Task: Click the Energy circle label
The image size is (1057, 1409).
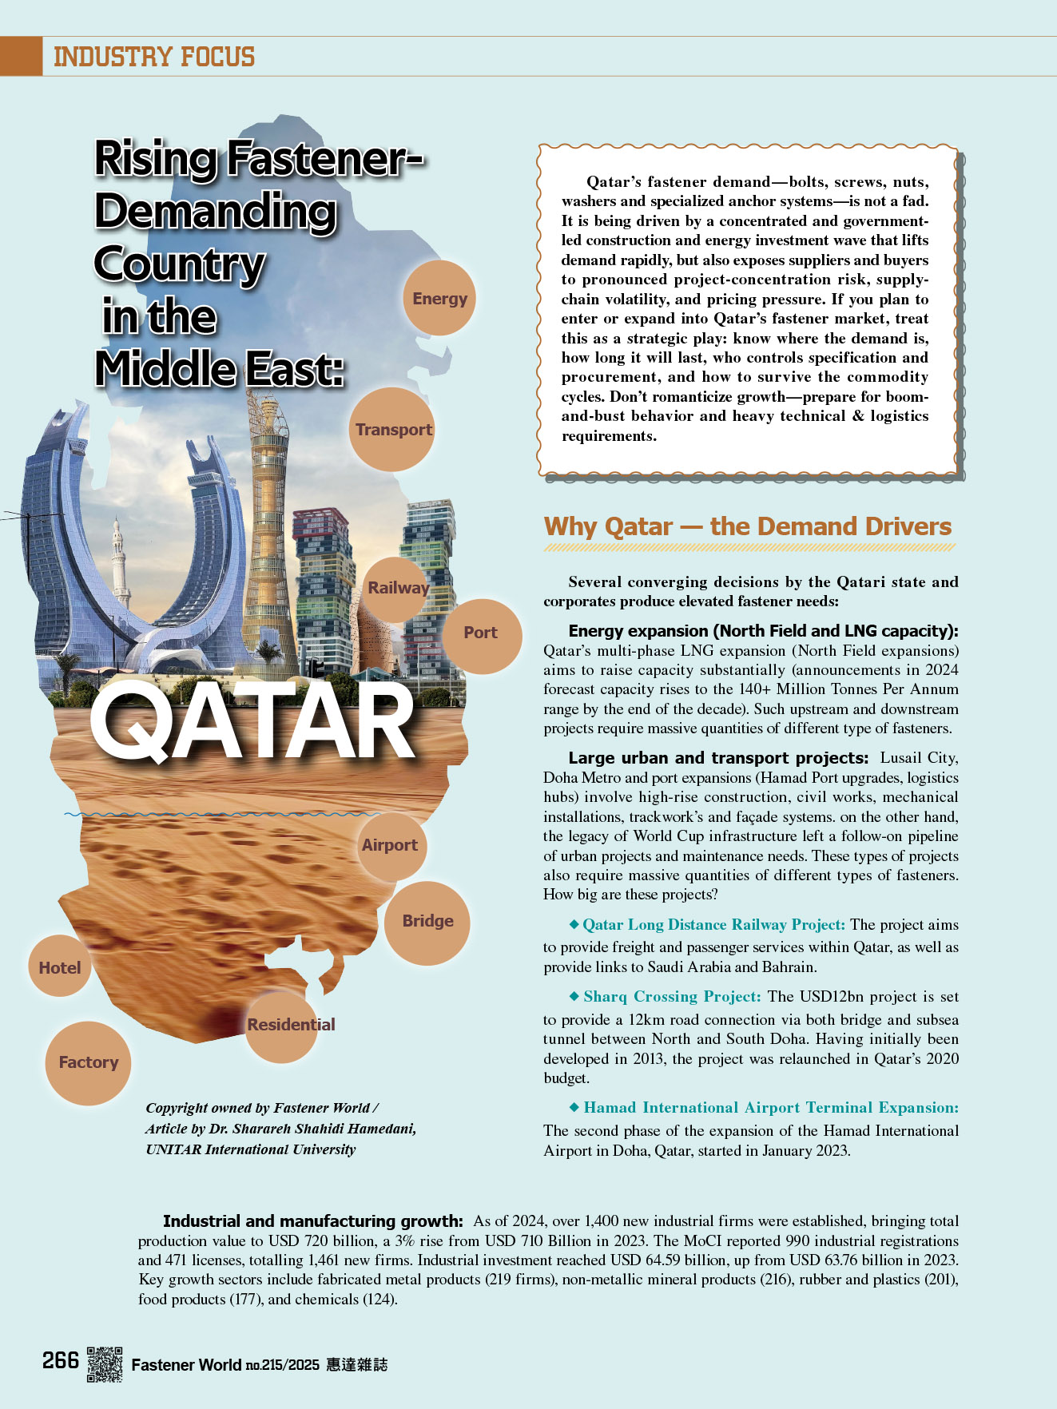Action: click(439, 299)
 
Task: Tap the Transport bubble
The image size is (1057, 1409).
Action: click(393, 430)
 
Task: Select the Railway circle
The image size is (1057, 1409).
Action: click(397, 588)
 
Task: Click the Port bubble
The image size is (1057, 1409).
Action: click(481, 633)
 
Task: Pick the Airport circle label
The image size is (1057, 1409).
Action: click(390, 845)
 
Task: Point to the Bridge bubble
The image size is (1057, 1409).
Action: click(427, 921)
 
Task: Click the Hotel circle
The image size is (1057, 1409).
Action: click(60, 967)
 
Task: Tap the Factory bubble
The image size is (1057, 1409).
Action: click(88, 1062)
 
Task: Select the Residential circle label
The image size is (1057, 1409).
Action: click(290, 1025)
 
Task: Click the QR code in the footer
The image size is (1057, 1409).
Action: click(105, 1363)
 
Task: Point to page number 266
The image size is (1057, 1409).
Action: click(61, 1360)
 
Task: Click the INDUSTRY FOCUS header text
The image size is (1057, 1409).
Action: click(154, 58)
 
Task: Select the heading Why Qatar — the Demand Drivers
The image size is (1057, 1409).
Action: click(747, 527)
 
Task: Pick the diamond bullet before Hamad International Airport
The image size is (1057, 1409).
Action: click(574, 1107)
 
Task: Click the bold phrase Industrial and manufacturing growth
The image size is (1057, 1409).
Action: click(312, 1220)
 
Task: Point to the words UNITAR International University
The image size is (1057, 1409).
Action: click(250, 1149)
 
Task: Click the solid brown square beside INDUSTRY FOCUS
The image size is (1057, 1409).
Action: click(21, 56)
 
